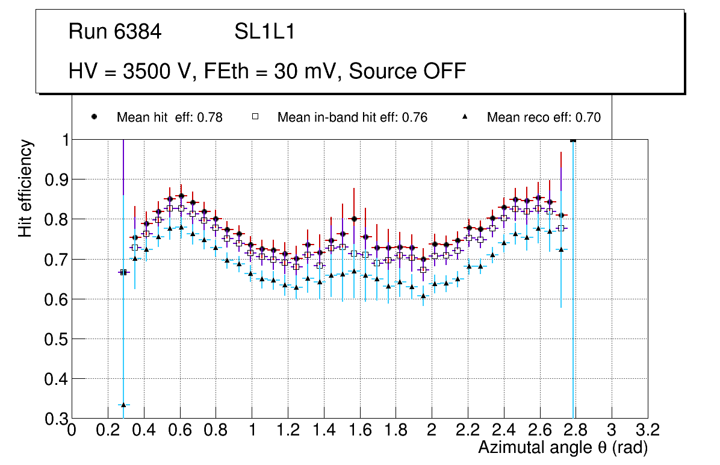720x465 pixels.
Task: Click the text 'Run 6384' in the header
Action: tap(115, 32)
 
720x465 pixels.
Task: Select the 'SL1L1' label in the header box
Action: tap(264, 32)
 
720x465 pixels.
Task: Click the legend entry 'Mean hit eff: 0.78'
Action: tap(169, 117)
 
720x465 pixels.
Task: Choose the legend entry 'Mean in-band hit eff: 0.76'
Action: tap(352, 117)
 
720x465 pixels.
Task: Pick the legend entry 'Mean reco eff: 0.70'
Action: tap(544, 117)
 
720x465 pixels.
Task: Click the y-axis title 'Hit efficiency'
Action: tap(26, 188)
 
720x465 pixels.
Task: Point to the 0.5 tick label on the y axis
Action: tap(55, 339)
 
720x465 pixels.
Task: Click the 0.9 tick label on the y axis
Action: tap(55, 179)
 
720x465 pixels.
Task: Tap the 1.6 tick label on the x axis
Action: tap(359, 430)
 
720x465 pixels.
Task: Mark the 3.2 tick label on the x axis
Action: tap(648, 430)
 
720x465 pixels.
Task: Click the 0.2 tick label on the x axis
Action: tap(108, 430)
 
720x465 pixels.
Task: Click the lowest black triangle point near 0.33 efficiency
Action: tap(123, 405)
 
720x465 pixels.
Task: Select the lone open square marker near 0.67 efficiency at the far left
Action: tap(123, 272)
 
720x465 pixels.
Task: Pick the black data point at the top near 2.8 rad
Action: tap(573, 140)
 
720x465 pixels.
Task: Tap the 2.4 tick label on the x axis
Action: tap(503, 430)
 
